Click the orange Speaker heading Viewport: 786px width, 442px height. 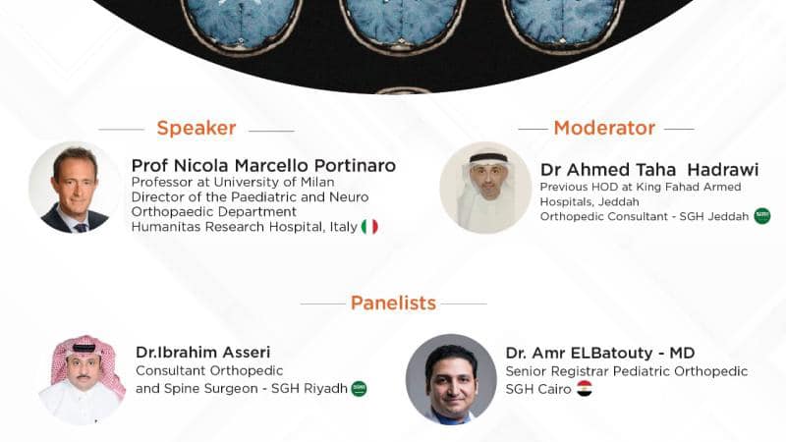click(x=196, y=128)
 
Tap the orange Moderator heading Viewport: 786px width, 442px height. click(x=604, y=128)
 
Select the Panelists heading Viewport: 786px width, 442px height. click(x=393, y=303)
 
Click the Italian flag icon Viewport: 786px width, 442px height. click(x=369, y=227)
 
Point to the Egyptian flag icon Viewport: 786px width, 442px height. click(x=585, y=388)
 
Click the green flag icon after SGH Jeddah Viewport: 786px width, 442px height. click(x=762, y=216)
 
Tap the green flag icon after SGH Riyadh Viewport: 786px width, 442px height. click(x=360, y=388)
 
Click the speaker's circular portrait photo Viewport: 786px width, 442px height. click(x=74, y=188)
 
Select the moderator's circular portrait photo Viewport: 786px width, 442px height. click(x=484, y=188)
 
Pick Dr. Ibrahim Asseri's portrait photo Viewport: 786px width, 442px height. click(x=83, y=379)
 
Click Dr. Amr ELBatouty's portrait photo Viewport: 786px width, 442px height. click(x=451, y=379)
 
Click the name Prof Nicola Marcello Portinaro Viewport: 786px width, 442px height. click(x=263, y=165)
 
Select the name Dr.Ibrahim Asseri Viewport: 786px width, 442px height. click(x=203, y=352)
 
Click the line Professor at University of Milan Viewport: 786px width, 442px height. click(x=233, y=182)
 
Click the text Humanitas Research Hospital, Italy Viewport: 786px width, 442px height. click(x=244, y=227)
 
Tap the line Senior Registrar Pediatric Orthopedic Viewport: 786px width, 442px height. click(x=627, y=371)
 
